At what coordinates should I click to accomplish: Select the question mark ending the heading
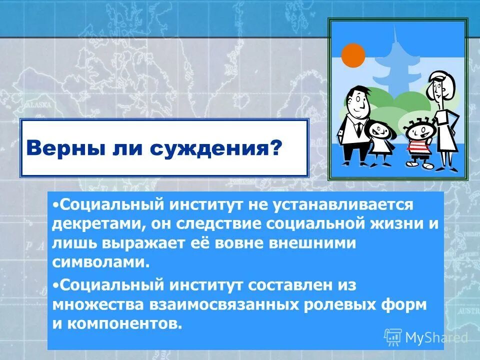coord(275,148)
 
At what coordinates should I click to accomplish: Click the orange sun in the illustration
coord(353,55)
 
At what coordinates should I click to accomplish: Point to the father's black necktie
coord(358,127)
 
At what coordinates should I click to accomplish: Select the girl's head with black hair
coord(379,131)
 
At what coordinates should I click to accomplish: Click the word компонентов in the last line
coord(122,324)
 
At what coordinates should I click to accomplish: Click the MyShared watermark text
coord(436,337)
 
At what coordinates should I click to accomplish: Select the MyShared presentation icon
coord(393,337)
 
